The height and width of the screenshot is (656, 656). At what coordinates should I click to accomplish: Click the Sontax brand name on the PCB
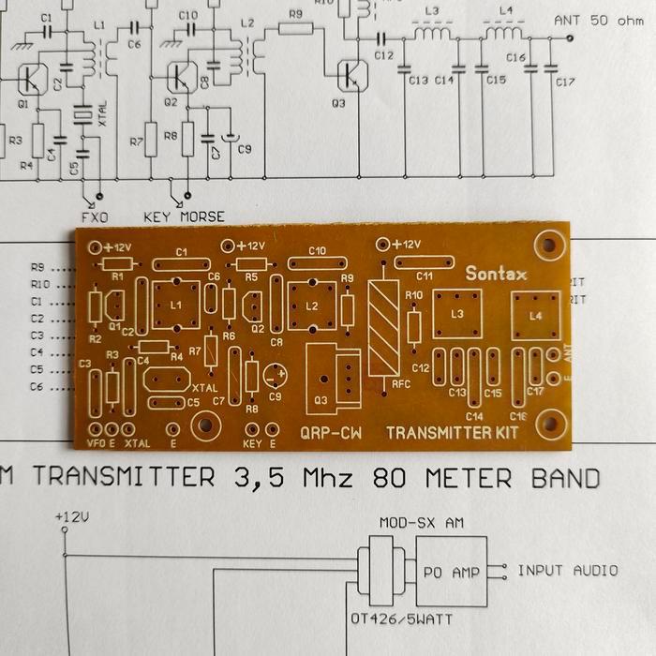pos(497,275)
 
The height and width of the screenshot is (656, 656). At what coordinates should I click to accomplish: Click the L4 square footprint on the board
pos(535,316)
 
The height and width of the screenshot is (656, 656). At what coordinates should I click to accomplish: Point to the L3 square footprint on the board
pos(456,314)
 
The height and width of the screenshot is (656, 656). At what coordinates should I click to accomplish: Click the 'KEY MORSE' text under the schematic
pos(184,216)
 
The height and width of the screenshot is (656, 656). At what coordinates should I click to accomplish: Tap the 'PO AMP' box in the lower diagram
pos(452,572)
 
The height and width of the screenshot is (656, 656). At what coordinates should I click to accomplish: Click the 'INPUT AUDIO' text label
pos(567,570)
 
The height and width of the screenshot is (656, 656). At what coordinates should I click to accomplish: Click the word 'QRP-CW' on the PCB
pos(330,433)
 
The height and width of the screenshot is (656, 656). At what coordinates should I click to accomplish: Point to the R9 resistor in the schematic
pos(296,27)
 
